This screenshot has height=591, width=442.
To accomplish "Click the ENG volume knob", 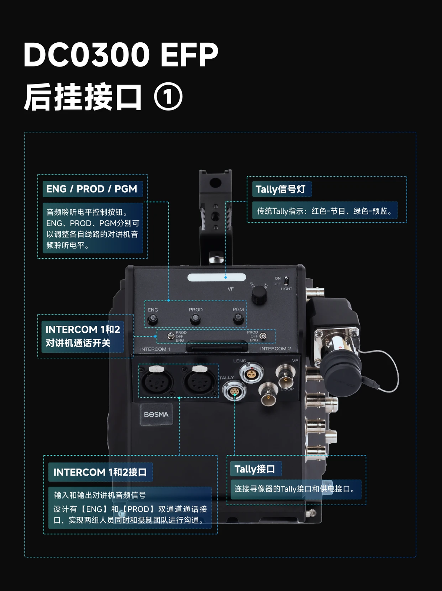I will [152, 319].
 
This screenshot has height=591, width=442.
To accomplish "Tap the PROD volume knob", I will [195, 319].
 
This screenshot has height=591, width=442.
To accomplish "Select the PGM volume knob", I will [238, 318].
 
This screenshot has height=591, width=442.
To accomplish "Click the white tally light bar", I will [217, 278].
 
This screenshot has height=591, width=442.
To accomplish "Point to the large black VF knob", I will [259, 295].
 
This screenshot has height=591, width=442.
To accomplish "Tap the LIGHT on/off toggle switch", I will [286, 280].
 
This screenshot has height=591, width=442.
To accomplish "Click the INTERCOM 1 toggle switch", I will [171, 336].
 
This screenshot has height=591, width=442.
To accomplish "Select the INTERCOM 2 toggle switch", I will [263, 336].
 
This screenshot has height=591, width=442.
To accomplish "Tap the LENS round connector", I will [251, 373].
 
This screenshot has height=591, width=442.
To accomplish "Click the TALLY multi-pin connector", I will [234, 391].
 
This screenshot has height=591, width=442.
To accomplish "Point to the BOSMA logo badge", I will [156, 414].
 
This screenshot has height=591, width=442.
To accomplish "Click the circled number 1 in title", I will [168, 97].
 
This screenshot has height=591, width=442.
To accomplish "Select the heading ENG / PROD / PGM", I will [92, 189].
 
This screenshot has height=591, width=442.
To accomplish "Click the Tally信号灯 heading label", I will [281, 189].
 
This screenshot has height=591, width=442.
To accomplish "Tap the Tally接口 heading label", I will [255, 469].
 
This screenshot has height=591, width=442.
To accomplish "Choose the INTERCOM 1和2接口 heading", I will [100, 472].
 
